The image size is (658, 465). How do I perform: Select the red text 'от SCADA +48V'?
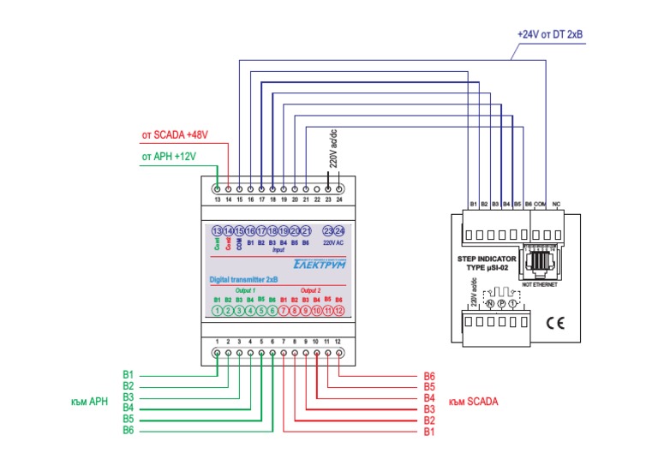point(176,135)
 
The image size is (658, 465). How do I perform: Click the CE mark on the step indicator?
point(553,322)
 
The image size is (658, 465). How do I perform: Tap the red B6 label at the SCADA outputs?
point(429,375)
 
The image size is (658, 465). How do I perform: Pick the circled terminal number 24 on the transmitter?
point(339,231)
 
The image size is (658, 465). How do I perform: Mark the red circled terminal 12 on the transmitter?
point(339,311)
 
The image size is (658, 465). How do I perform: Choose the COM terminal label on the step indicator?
point(540,204)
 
